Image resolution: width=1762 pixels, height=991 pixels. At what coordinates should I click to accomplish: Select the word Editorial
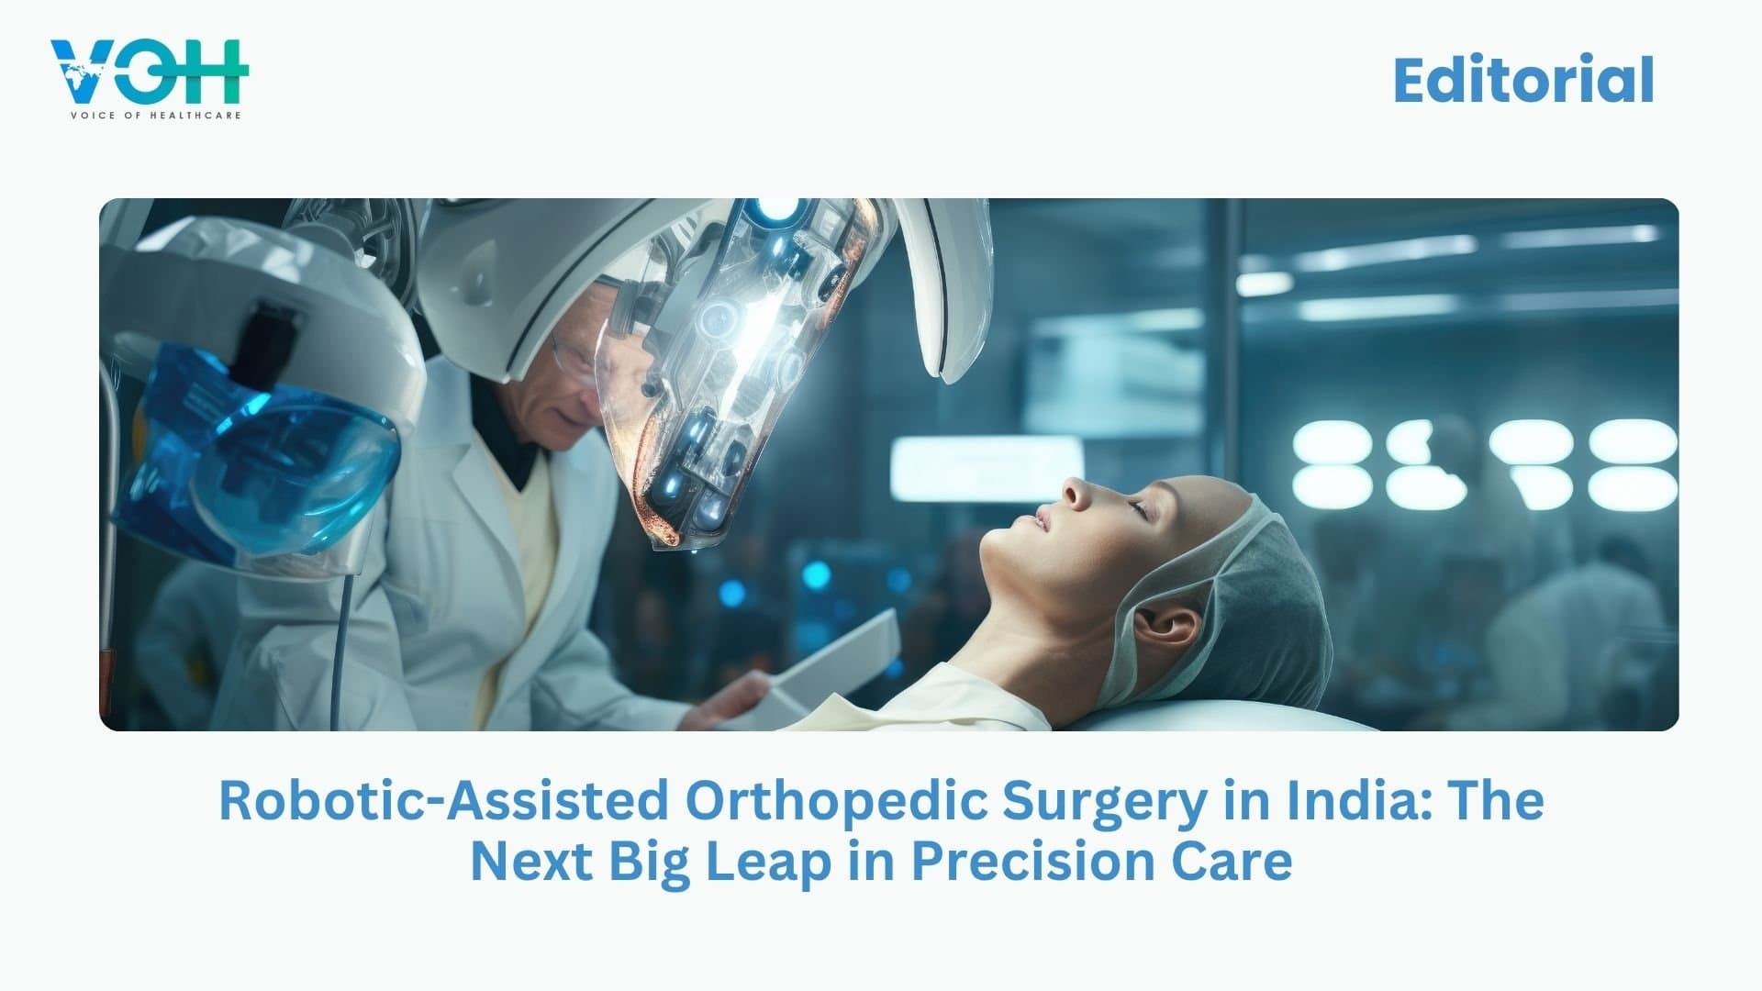pos(1523,81)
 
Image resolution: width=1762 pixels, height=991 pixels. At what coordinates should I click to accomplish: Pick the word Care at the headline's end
pos(1239,862)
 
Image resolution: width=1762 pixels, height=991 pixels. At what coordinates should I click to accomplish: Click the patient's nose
pos(1074,495)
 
